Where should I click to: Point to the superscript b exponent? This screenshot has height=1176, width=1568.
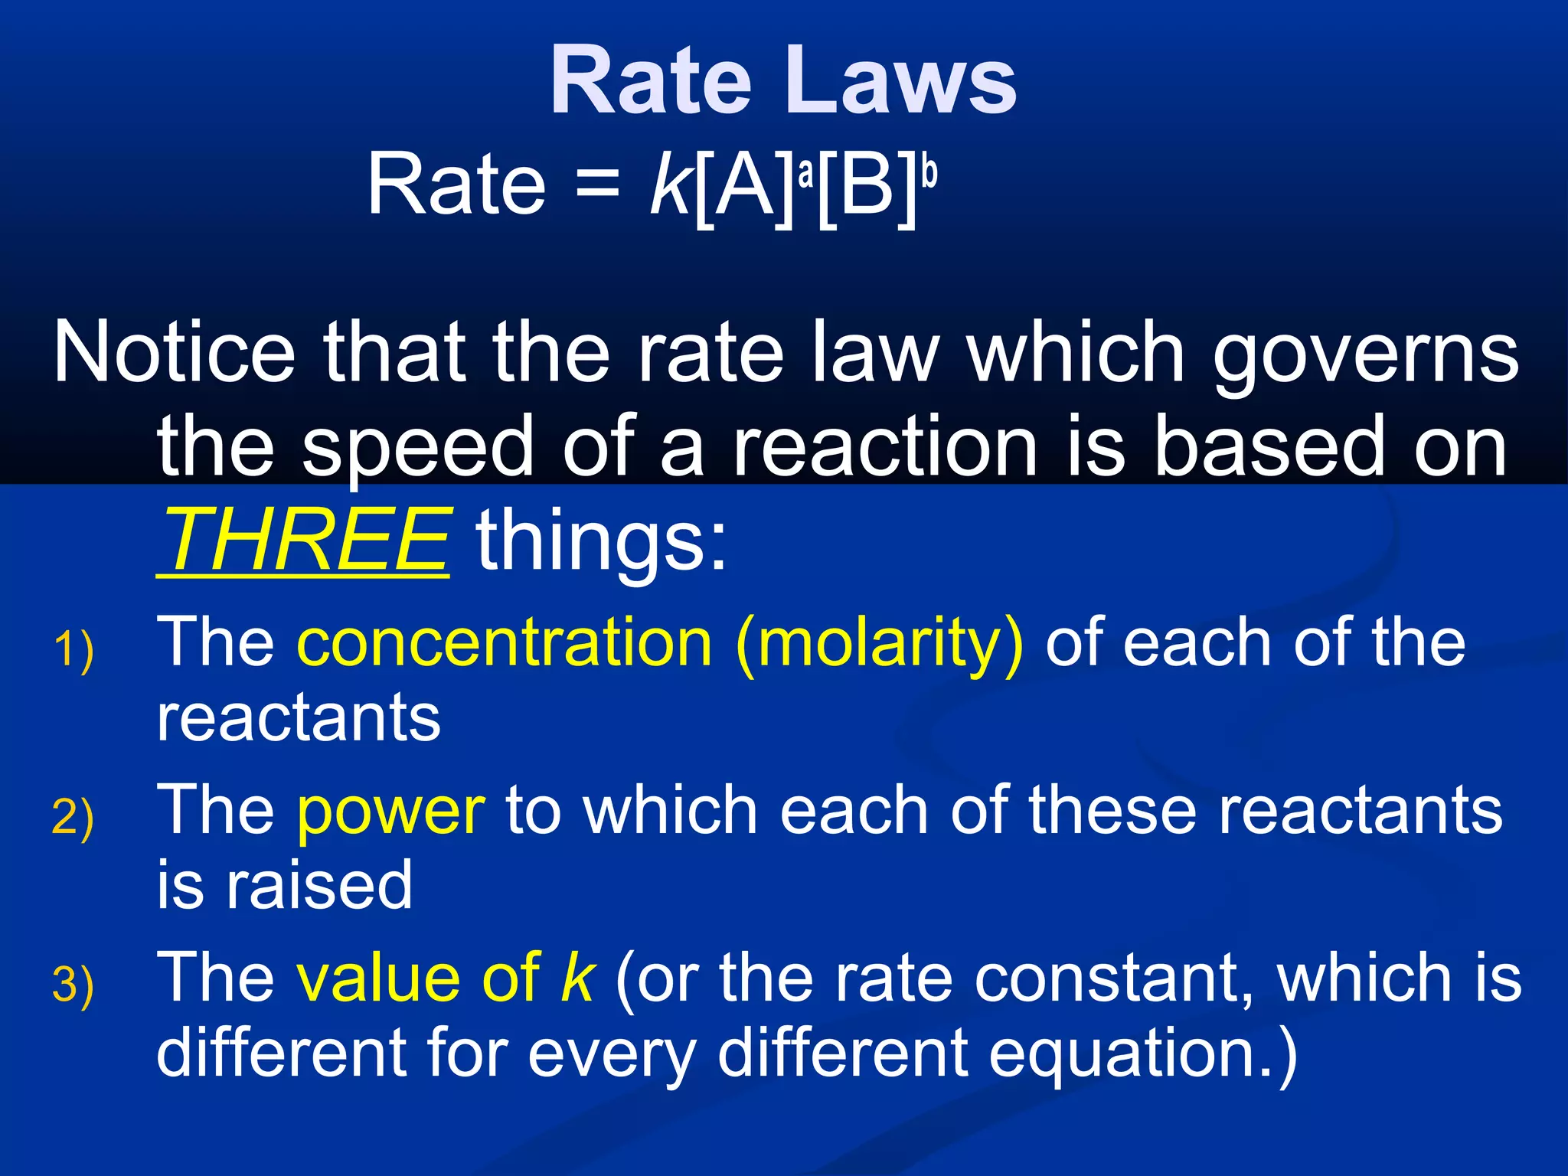click(929, 171)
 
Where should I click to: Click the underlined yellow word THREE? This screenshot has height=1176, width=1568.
click(303, 540)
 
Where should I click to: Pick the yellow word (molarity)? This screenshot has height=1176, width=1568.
click(879, 643)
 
